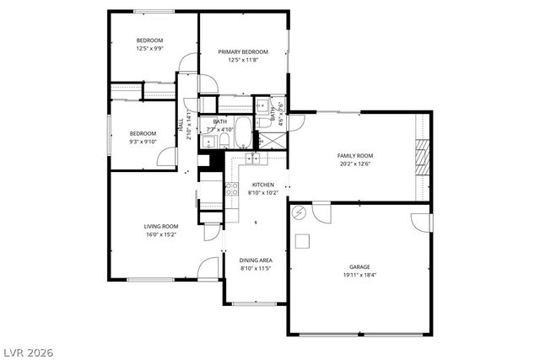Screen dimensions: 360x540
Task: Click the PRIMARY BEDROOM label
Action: pyautogui.click(x=244, y=51)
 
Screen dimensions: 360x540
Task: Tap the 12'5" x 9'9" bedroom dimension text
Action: pyautogui.click(x=150, y=49)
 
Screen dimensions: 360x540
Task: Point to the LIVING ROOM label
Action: pyautogui.click(x=160, y=226)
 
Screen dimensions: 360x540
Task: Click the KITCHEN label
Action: pyautogui.click(x=262, y=185)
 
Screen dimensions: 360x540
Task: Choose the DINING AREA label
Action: pyautogui.click(x=255, y=261)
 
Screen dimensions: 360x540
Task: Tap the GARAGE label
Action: pyautogui.click(x=360, y=266)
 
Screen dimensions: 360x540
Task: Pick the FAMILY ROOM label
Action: pyautogui.click(x=355, y=156)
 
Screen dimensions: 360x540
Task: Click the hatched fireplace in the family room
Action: pyautogui.click(x=423, y=155)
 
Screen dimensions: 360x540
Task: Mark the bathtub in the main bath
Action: pyautogui.click(x=241, y=132)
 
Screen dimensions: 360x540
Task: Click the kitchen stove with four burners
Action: pyautogui.click(x=232, y=190)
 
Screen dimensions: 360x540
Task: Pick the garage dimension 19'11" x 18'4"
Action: pyautogui.click(x=360, y=275)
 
